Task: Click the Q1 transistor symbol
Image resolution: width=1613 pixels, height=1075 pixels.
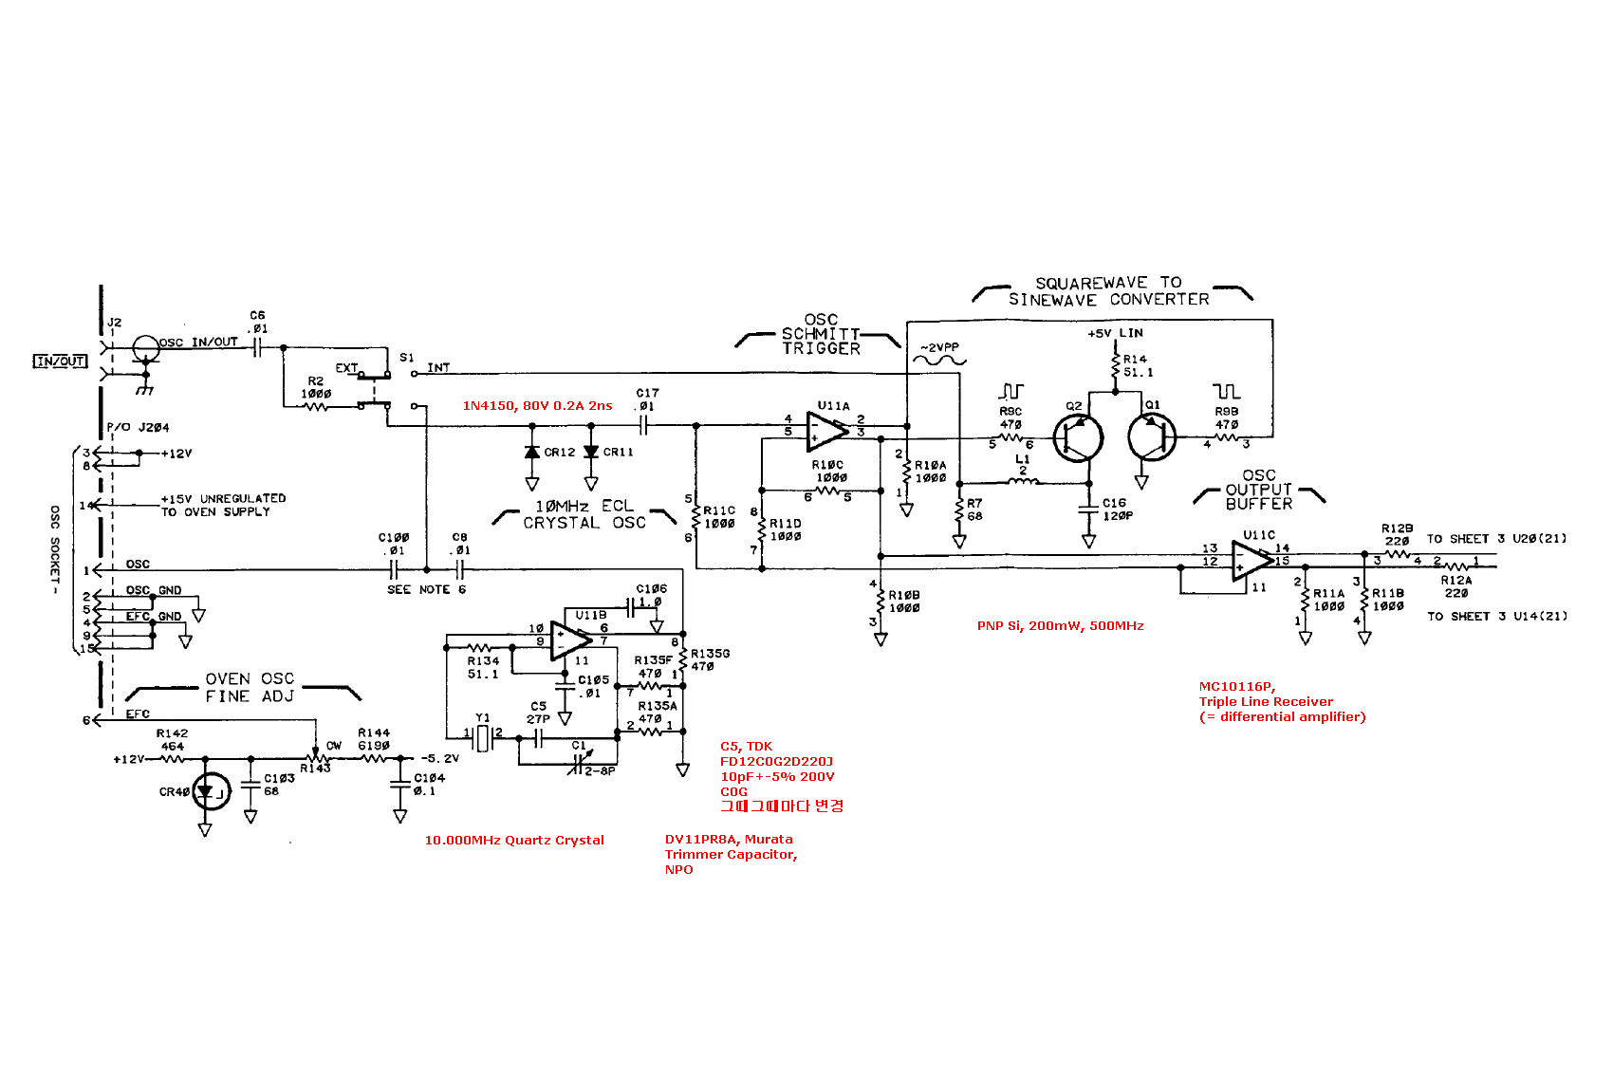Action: click(x=1152, y=437)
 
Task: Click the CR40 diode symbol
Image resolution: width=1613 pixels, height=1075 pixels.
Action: click(x=210, y=791)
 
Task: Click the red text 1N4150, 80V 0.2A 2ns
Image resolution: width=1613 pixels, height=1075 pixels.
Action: click(x=537, y=406)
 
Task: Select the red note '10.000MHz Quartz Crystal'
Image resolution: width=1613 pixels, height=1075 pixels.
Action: click(x=513, y=840)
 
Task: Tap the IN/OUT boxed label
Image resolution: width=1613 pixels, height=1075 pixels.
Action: click(x=60, y=361)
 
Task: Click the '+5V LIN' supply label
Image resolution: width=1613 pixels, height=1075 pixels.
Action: click(x=1115, y=333)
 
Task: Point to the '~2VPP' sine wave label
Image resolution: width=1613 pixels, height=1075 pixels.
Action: click(x=938, y=348)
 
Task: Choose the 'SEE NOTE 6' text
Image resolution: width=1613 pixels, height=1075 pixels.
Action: click(x=426, y=589)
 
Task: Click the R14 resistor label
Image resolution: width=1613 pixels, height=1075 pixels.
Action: click(x=1135, y=359)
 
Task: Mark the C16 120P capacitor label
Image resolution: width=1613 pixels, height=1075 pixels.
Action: click(x=1116, y=510)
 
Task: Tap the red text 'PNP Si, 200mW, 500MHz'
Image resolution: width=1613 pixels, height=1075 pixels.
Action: click(x=1060, y=626)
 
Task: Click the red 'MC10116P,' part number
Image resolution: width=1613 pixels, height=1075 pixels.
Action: click(x=1237, y=687)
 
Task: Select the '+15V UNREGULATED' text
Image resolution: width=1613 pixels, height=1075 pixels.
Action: click(x=223, y=498)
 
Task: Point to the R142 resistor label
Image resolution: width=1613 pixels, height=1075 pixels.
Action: click(x=172, y=733)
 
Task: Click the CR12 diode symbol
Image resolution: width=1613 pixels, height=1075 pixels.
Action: click(x=532, y=453)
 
